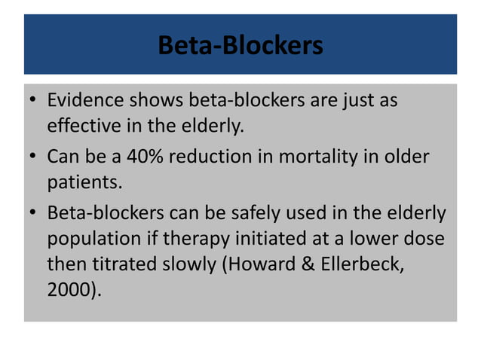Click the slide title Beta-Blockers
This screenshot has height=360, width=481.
tap(240, 46)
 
